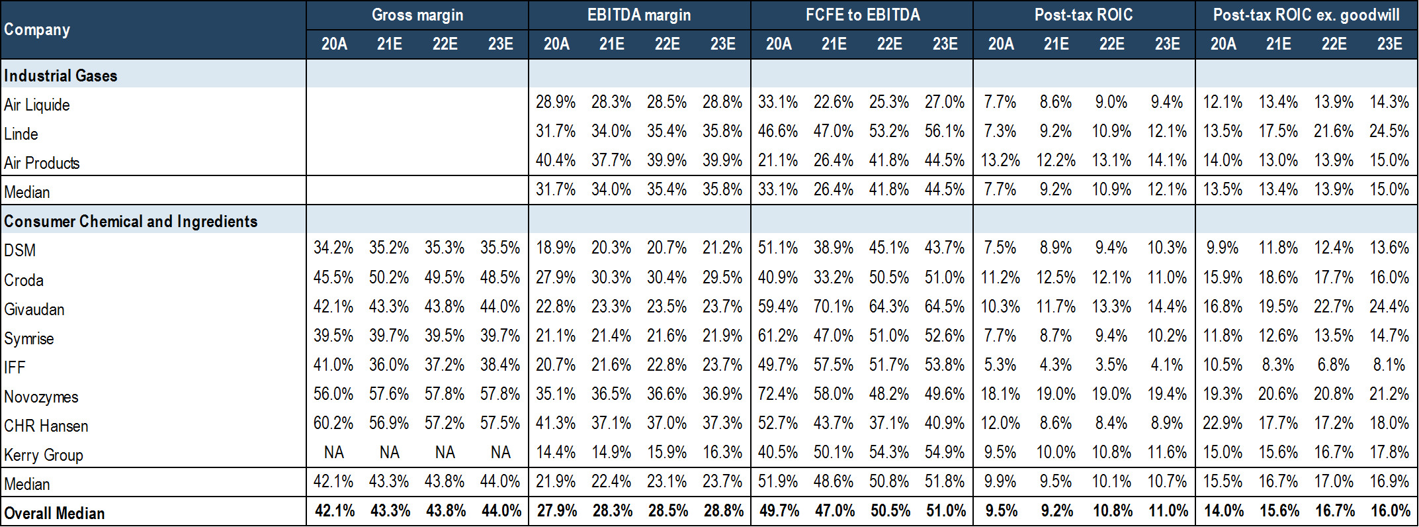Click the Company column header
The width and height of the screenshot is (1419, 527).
[x=37, y=30]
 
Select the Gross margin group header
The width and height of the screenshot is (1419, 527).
[x=417, y=15]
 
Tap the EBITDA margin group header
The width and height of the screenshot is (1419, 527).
[x=638, y=15]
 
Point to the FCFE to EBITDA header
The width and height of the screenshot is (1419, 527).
[x=862, y=15]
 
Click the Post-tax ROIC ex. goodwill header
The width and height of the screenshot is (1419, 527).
[x=1306, y=15]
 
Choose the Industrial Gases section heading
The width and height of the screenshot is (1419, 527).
[x=61, y=75]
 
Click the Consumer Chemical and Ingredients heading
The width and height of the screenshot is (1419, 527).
[x=131, y=221]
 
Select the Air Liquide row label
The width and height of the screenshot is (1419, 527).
[x=37, y=105]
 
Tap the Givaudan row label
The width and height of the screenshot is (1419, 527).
[x=34, y=309]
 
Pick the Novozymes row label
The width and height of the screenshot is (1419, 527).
[x=41, y=397]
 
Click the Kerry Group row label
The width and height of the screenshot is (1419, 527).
[x=44, y=455]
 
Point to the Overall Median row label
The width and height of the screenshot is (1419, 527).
[x=54, y=513]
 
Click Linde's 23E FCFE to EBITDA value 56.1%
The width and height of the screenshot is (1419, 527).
[x=945, y=131]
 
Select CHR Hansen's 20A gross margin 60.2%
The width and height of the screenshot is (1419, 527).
[x=333, y=423]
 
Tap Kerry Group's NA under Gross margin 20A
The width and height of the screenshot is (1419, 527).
[x=334, y=452]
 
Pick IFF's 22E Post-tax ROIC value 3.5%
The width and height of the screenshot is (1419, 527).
[x=1111, y=365]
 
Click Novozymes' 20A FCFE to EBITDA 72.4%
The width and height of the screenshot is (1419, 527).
[x=778, y=394]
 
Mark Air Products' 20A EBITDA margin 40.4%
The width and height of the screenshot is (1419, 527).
[x=556, y=160]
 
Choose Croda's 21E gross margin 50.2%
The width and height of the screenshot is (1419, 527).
[x=389, y=277]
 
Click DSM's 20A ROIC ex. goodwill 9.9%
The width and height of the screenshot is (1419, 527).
[x=1223, y=248]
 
